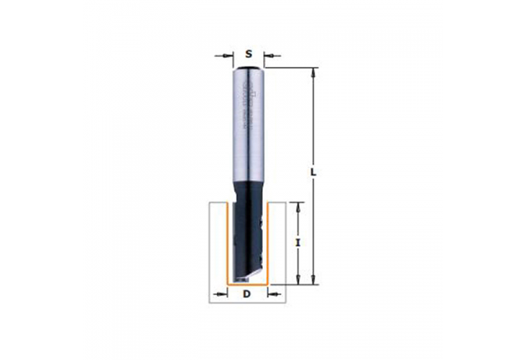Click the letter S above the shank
click(248, 53)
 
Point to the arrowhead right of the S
click(265, 54)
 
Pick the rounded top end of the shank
click(248, 67)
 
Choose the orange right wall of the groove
click(269, 245)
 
